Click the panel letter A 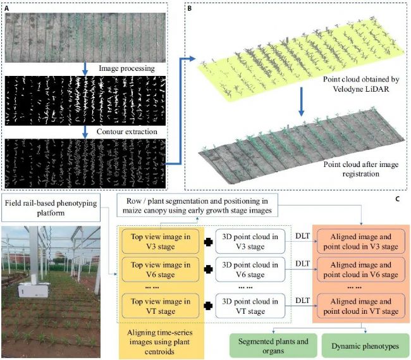tap(7, 8)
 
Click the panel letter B tap(190, 8)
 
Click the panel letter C tap(397, 199)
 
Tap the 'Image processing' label tap(126, 68)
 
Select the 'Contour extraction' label tap(127, 132)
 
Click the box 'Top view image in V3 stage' tap(161, 242)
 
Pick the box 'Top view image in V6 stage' tap(161, 270)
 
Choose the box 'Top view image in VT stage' tap(161, 306)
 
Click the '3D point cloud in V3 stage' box tap(250, 242)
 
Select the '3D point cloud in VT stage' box tap(250, 306)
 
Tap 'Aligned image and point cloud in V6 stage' tap(361, 270)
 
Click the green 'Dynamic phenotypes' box tap(365, 346)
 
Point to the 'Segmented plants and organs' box tap(273, 346)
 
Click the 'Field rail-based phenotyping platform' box tap(51, 208)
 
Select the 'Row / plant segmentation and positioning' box tap(197, 205)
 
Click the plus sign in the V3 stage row tap(208, 242)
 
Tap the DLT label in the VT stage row tap(302, 301)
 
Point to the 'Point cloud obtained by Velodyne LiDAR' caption tap(361, 84)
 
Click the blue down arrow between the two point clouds tap(302, 102)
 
